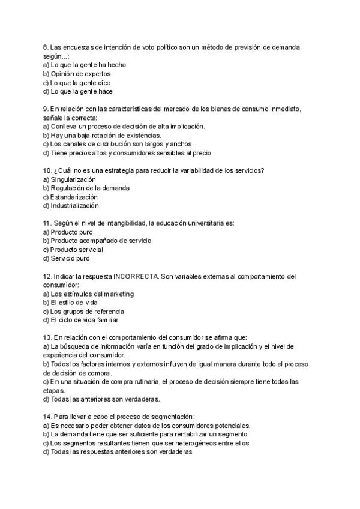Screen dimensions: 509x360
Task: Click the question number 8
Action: [46, 47]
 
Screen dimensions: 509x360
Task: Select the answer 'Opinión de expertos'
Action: [80, 74]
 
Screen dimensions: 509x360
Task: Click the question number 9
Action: [46, 109]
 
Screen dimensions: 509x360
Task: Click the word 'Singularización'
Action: [73, 179]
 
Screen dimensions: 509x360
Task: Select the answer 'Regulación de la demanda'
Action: [90, 188]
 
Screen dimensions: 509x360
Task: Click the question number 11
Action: [48, 223]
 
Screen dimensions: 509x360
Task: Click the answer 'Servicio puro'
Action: [70, 258]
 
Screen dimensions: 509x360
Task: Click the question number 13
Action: [47, 338]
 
